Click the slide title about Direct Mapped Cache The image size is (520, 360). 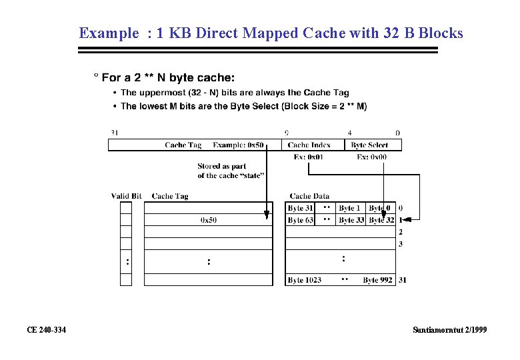pos(271,33)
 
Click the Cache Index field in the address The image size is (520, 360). pos(309,145)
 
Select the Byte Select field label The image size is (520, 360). pos(369,145)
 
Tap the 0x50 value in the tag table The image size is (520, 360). pos(209,220)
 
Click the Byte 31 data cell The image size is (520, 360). pos(300,209)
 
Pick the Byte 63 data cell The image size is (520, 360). pos(300,220)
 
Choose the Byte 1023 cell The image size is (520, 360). pos(304,280)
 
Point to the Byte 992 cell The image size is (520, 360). pos(377,280)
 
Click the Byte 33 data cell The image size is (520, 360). pos(351,220)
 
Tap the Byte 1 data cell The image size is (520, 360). pos(349,209)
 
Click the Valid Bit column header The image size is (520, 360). pos(126,196)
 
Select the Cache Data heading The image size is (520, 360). pos(309,196)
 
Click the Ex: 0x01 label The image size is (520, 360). pos(308,157)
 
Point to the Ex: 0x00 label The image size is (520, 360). pos(371,157)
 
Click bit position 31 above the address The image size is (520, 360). pos(114,133)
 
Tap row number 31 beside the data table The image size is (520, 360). pos(402,280)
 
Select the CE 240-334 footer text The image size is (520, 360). pos(46,330)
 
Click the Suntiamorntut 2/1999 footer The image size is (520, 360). pos(449,330)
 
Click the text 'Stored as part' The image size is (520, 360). pos(221,166)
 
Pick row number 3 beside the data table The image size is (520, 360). pos(401,244)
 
